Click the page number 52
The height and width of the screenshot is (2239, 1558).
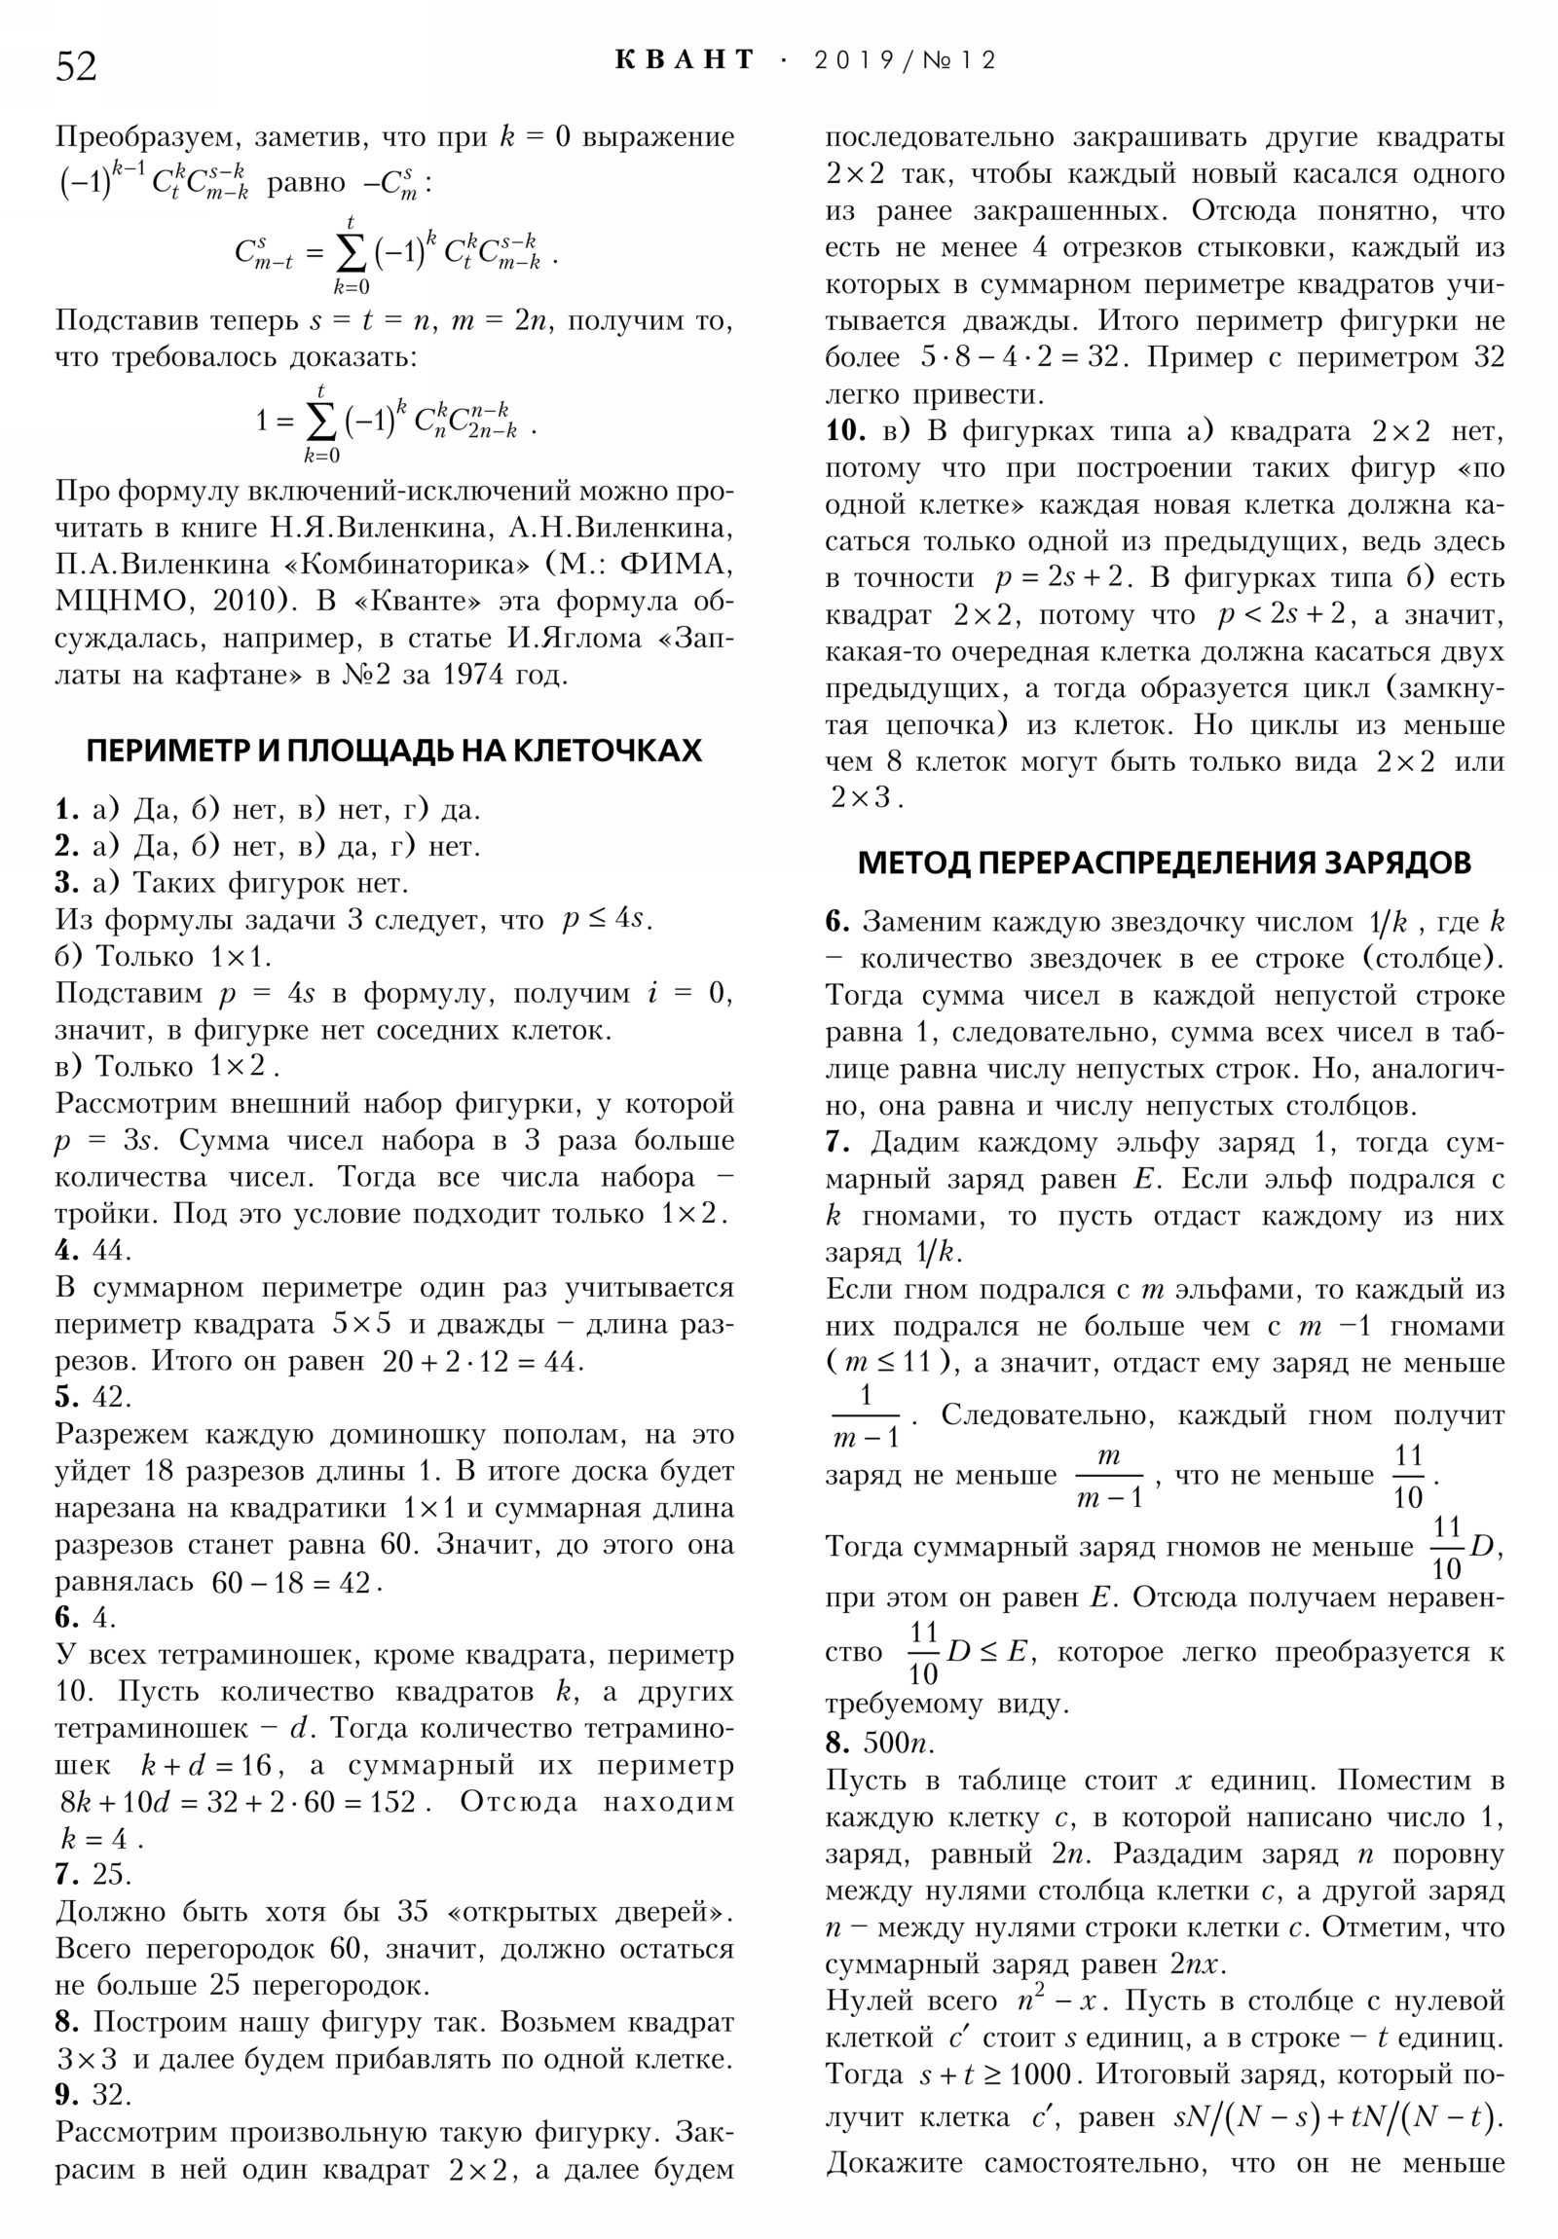click(76, 66)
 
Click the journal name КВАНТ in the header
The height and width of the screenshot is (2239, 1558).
click(686, 60)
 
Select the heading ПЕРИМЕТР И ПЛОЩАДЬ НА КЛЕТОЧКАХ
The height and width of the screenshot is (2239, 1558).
click(394, 750)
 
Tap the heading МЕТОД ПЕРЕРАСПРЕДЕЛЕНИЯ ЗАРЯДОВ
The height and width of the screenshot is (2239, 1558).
click(1164, 863)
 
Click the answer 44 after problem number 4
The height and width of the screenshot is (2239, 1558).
click(111, 1249)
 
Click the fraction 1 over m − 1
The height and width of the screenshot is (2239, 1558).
click(866, 1417)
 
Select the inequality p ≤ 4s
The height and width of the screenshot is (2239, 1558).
click(607, 919)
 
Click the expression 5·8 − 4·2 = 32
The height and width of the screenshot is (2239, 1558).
click(1024, 357)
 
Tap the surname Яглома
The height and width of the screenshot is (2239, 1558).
click(582, 639)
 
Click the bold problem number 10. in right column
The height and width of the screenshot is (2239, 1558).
click(845, 430)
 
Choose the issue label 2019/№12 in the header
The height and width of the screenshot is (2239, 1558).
click(905, 60)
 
